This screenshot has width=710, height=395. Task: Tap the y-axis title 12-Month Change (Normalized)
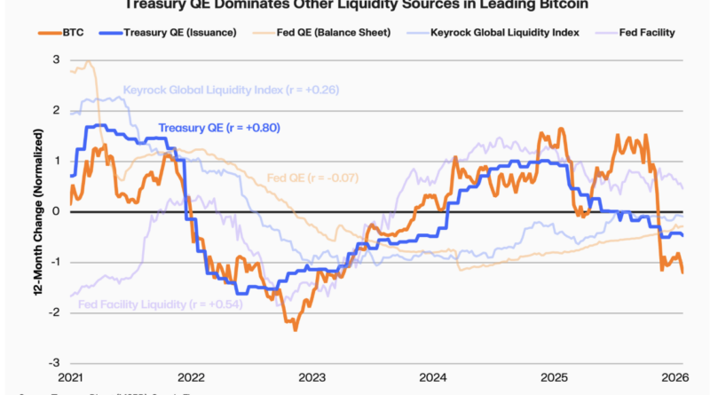(39, 212)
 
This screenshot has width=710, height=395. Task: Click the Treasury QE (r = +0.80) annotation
(219, 128)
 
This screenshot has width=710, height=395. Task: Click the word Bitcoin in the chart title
(559, 4)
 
